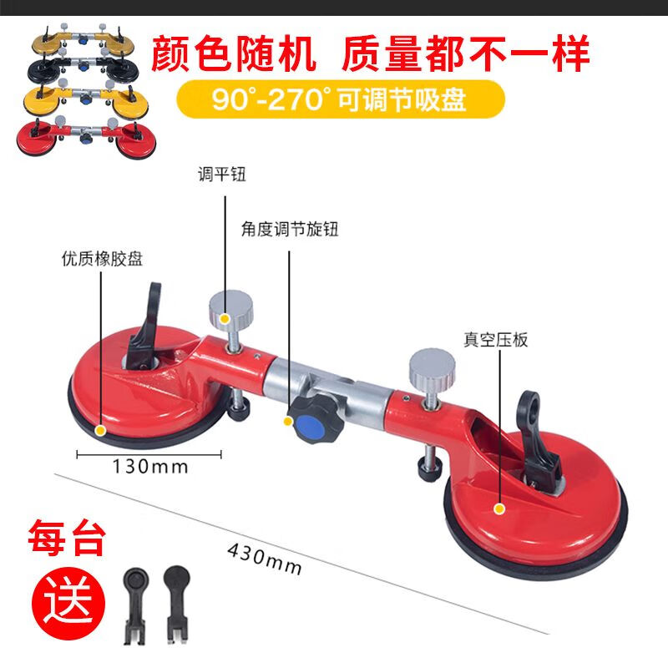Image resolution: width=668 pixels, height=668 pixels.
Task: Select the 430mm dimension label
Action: coord(264,558)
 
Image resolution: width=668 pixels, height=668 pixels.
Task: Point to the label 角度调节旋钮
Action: coord(289,228)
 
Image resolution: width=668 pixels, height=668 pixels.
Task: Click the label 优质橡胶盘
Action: coord(102,258)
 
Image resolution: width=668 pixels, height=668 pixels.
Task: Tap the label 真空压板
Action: coord(497,340)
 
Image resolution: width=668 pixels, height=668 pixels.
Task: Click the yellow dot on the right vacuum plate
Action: coord(499,508)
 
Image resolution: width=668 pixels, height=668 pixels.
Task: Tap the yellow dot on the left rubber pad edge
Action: coord(101,432)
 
